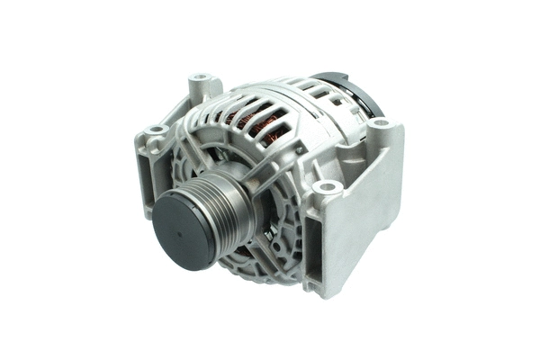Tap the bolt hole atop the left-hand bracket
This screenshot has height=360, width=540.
(x=156, y=130)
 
